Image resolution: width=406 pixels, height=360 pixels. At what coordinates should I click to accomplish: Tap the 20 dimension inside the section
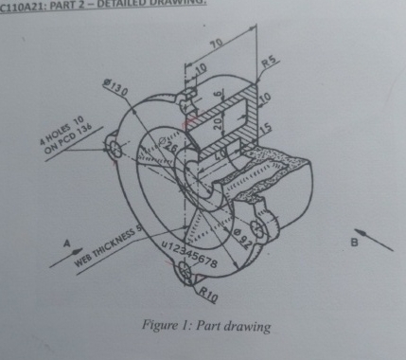pyautogui.click(x=216, y=126)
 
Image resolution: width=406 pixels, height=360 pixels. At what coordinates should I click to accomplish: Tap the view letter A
pyautogui.click(x=67, y=243)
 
